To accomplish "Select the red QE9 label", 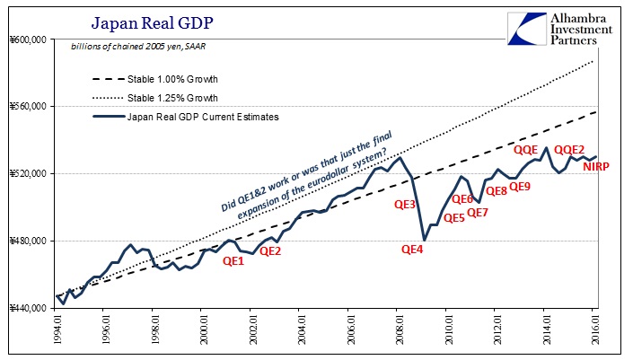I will point(520,187).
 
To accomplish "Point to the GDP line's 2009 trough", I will point(424,239).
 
